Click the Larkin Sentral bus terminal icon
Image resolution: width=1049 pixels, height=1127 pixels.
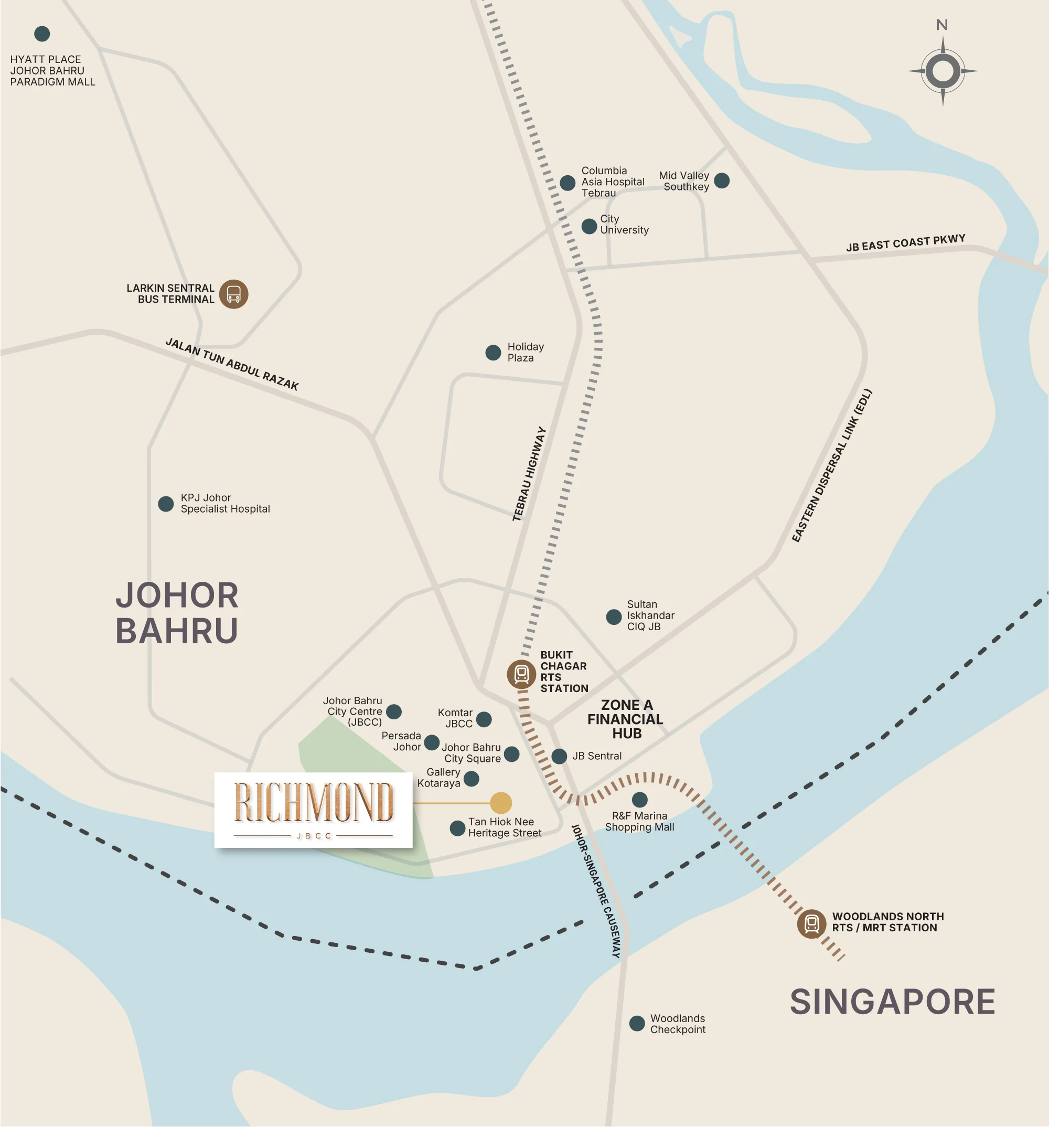click(x=233, y=294)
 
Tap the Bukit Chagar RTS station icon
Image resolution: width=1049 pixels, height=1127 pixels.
click(x=521, y=674)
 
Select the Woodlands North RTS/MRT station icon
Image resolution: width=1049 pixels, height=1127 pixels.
click(x=811, y=923)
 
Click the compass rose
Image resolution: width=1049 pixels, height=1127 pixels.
click(x=943, y=71)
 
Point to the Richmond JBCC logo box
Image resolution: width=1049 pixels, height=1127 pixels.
click(x=314, y=810)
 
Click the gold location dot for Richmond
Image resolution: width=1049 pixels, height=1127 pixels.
click(x=500, y=803)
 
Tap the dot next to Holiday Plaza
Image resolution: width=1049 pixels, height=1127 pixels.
click(x=493, y=353)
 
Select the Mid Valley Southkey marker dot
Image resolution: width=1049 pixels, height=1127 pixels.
click(x=721, y=181)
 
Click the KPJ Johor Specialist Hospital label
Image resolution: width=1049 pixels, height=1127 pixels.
click(x=225, y=503)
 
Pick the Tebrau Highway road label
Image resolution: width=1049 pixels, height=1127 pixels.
click(x=529, y=474)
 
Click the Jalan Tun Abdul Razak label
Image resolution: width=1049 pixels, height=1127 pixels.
click(x=232, y=364)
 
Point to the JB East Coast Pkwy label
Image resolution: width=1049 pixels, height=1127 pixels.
click(x=905, y=242)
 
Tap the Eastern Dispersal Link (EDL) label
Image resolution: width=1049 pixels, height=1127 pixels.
click(x=831, y=465)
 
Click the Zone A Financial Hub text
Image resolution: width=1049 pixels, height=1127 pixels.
click(x=625, y=719)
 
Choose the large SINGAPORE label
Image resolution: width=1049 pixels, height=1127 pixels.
click(x=892, y=1002)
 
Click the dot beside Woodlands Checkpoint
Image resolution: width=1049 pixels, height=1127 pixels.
click(x=637, y=1023)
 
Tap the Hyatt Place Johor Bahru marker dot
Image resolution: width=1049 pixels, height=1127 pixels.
click(x=42, y=34)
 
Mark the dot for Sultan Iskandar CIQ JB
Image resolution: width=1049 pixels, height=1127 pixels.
click(x=614, y=617)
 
